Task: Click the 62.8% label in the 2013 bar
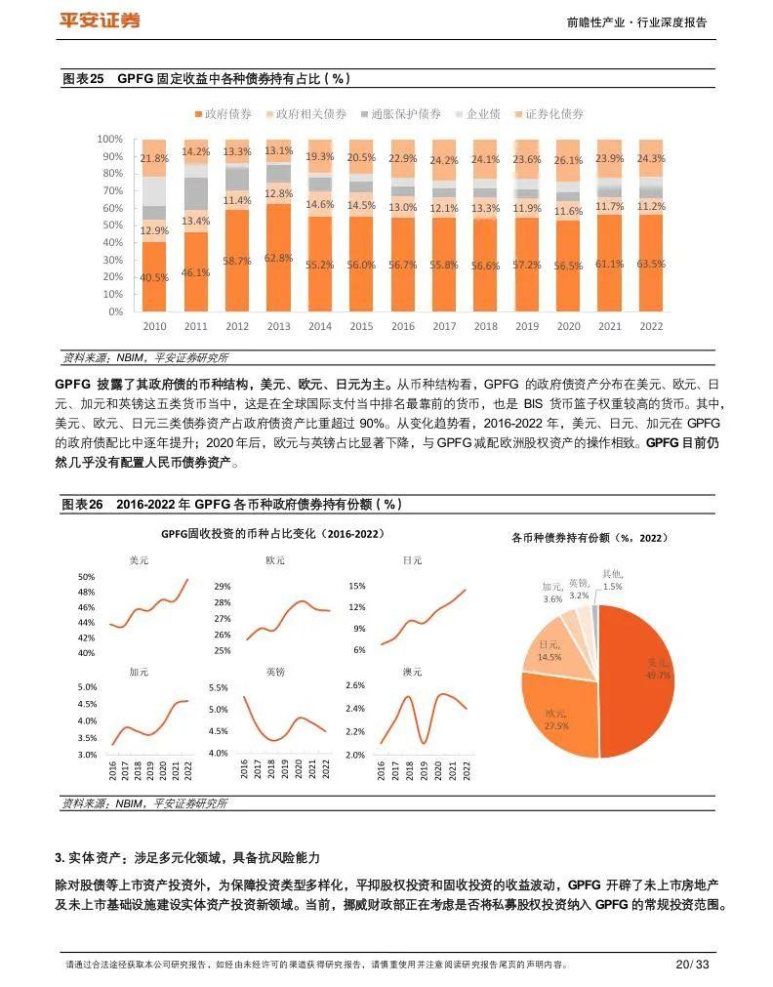278,259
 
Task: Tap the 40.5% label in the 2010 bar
154,277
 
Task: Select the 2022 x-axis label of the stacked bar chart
651,326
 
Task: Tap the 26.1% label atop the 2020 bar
568,160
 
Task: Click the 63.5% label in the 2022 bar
651,264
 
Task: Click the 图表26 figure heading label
82,505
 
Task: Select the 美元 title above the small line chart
139,560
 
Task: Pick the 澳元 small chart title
412,672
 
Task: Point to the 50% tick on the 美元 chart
86,577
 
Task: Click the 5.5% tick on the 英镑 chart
218,688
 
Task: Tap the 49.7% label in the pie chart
658,675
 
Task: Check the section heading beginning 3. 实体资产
187,858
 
